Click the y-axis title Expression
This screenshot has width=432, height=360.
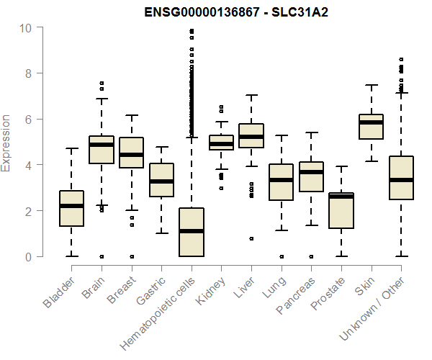(6, 143)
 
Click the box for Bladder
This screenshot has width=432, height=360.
(72, 209)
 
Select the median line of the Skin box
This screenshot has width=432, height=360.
(371, 122)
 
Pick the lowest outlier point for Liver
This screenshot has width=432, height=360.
(251, 238)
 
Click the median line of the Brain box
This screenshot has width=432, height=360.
(102, 145)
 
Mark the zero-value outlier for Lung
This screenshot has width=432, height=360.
(281, 256)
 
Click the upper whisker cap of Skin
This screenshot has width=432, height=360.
(371, 85)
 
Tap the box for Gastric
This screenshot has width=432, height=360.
(161, 180)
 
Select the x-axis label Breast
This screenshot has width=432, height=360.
(119, 289)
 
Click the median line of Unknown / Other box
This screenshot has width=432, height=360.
(400, 180)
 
